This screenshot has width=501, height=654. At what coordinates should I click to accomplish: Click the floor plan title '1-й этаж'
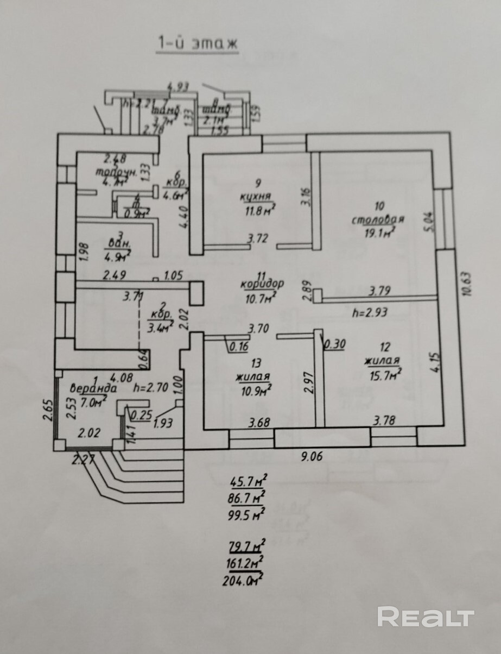coord(198,43)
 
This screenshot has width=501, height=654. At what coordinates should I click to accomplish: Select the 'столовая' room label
coord(378,219)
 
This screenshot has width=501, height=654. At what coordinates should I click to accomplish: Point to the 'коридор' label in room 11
coord(262,284)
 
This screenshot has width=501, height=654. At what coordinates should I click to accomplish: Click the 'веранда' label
coord(93,388)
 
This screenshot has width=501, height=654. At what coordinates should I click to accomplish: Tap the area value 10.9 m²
coord(255,389)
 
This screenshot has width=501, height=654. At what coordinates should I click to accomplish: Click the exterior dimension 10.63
coord(470,282)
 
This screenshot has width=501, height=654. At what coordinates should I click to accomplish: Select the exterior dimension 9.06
coord(312,456)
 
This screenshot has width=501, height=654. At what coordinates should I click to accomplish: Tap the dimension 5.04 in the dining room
coord(430,222)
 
